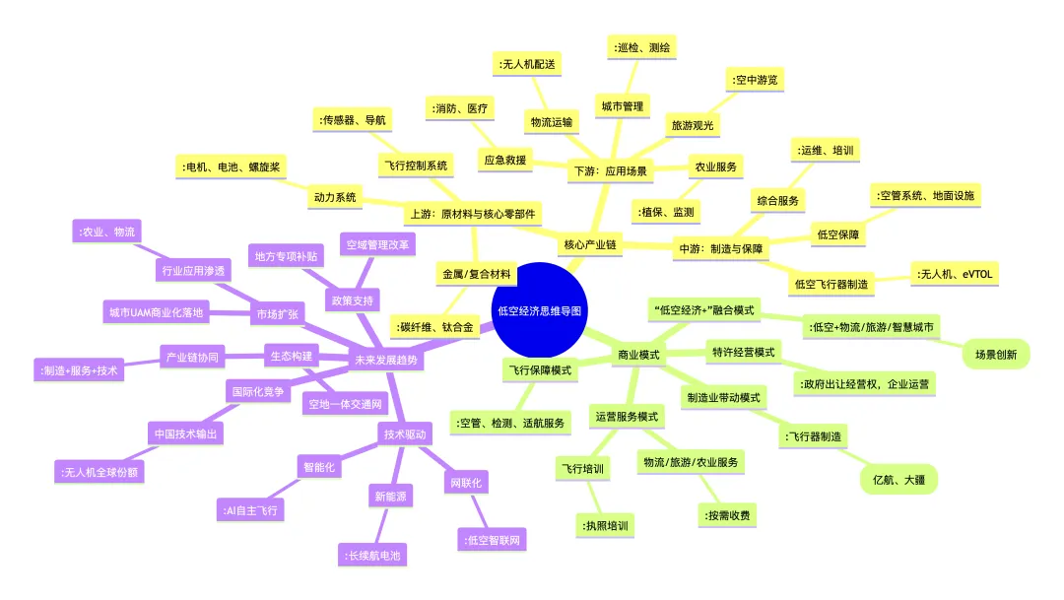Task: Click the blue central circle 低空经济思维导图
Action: (x=540, y=310)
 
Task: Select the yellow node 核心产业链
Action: (x=590, y=244)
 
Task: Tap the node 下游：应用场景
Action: (x=610, y=171)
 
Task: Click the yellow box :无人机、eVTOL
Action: (x=954, y=274)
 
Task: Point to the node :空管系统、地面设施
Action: (x=925, y=195)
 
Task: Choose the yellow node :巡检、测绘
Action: (x=641, y=47)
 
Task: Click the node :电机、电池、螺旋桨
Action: (x=231, y=167)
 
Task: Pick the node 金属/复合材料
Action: (x=477, y=274)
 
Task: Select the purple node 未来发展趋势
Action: (x=386, y=360)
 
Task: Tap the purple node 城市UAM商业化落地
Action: (x=156, y=313)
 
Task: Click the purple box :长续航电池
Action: (x=372, y=556)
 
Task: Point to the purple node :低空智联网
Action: (x=492, y=540)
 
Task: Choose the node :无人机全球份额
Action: (x=100, y=472)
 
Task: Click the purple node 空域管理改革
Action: (x=377, y=245)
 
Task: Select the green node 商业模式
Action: (x=638, y=355)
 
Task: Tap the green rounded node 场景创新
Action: (x=995, y=355)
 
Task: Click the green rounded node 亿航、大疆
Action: (x=898, y=480)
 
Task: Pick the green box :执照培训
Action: (x=605, y=526)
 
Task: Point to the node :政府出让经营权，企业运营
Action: (x=864, y=384)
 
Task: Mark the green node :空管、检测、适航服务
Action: (x=510, y=423)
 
